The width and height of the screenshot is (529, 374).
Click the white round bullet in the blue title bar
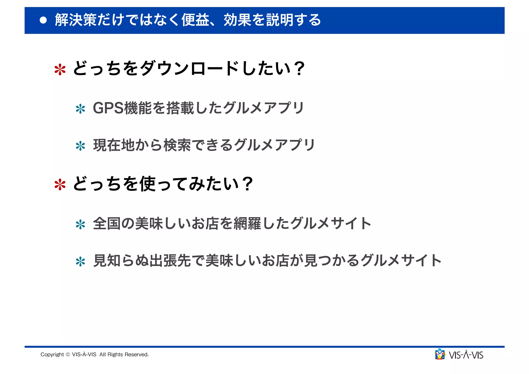click(x=43, y=20)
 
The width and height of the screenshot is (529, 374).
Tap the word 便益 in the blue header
click(x=195, y=20)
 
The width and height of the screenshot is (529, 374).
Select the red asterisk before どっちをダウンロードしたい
click(x=60, y=70)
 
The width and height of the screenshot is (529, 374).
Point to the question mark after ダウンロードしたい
click(x=299, y=68)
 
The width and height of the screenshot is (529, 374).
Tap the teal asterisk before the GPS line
click(x=80, y=109)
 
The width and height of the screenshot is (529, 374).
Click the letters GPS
click(x=108, y=108)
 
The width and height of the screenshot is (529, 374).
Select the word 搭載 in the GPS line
click(x=180, y=108)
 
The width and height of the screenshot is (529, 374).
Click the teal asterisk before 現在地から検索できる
click(x=80, y=146)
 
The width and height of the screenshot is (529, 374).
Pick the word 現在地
click(x=114, y=145)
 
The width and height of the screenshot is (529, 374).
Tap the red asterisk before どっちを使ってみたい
click(x=60, y=185)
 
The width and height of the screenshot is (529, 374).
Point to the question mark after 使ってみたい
click(x=248, y=184)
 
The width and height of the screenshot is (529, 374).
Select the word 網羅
click(x=247, y=223)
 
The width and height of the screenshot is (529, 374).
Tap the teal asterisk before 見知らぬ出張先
click(x=80, y=262)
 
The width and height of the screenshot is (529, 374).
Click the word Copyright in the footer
click(x=52, y=355)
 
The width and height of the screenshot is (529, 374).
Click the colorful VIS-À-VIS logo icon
click(x=440, y=354)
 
